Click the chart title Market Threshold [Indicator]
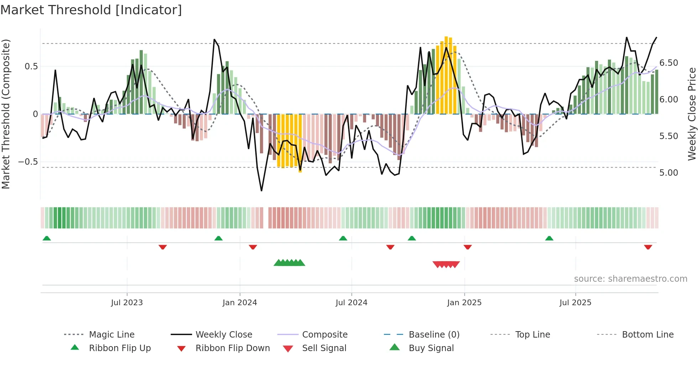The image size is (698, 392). (91, 10)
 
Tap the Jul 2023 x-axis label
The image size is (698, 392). (127, 303)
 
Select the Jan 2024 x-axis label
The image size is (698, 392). (240, 303)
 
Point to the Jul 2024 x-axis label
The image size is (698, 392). (351, 303)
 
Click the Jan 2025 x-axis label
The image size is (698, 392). (464, 303)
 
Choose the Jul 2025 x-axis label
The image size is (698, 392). (575, 303)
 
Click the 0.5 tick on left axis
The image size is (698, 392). (31, 67)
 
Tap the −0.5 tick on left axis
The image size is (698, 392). (28, 162)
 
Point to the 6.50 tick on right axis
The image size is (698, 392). (668, 63)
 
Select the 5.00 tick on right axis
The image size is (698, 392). (668, 173)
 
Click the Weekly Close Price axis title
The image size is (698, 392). (692, 114)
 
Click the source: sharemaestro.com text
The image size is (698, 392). (630, 279)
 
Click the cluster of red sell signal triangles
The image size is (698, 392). (446, 264)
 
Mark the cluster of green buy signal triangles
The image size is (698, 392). (290, 263)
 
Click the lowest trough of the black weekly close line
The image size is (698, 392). (261, 191)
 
